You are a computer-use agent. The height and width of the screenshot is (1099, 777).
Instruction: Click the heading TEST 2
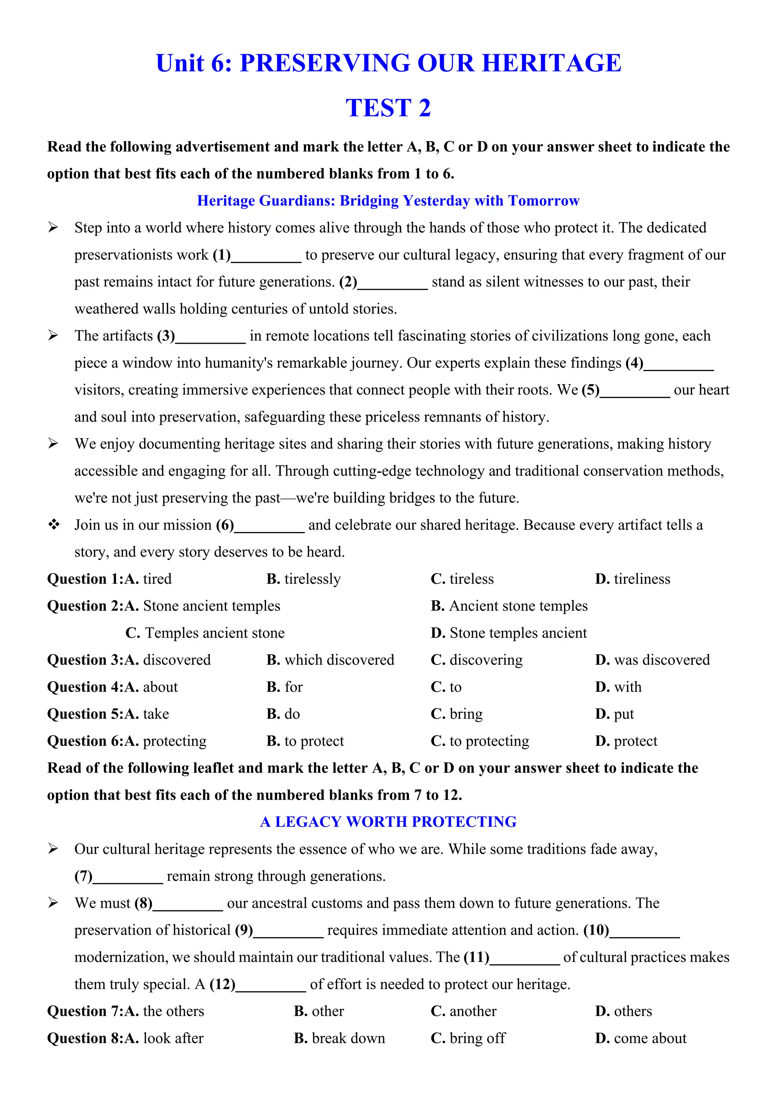(x=388, y=108)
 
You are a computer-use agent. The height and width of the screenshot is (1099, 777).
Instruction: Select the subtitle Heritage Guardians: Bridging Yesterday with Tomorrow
(x=388, y=200)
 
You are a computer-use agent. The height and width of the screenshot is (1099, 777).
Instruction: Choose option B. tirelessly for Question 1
(x=304, y=579)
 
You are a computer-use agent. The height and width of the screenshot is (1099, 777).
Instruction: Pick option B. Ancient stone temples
(x=509, y=606)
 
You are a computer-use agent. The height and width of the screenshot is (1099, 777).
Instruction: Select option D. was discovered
(x=652, y=660)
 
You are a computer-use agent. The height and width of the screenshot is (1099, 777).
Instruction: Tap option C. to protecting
(x=480, y=742)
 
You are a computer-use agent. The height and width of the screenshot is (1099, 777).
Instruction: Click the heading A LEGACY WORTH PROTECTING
(x=388, y=822)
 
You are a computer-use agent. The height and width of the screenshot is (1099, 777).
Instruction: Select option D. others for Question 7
(x=623, y=1011)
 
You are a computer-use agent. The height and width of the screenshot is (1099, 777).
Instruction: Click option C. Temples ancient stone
(x=205, y=633)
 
